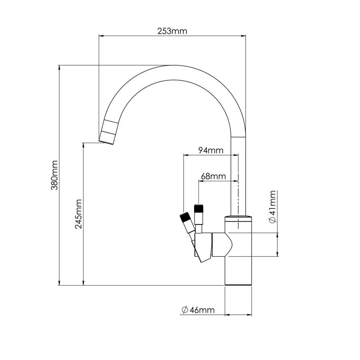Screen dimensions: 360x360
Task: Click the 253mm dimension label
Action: pos(172,31)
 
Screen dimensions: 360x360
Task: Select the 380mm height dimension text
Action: pos(55,175)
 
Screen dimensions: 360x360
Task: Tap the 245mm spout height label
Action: pos(78,214)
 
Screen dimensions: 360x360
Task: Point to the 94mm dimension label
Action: pos(211,150)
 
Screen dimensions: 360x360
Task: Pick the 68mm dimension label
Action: pos(213,176)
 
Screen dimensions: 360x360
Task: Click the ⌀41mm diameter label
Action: pos(272,207)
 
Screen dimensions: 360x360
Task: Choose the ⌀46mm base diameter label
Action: pos(198,310)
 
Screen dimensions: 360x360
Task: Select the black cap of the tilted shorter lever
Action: pos(185,218)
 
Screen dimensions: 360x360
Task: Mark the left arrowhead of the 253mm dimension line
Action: pos(101,36)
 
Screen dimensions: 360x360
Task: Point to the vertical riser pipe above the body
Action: pos(238,176)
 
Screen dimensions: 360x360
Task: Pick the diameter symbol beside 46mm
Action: pos(184,310)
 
